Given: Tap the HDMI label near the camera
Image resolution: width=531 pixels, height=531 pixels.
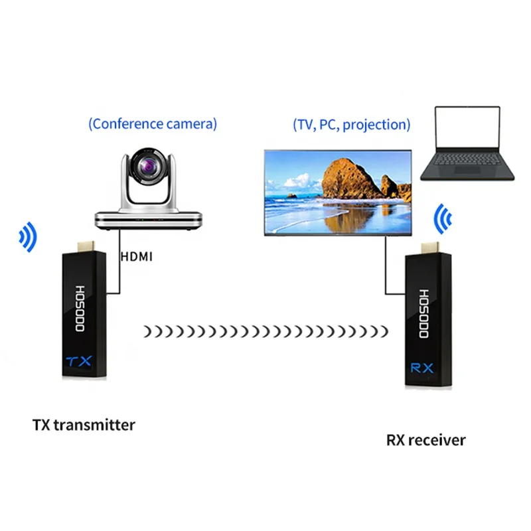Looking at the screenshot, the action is [137, 255].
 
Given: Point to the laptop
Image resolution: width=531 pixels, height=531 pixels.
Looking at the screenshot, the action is [467, 145].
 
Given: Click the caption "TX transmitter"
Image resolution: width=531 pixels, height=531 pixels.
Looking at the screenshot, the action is [84, 424].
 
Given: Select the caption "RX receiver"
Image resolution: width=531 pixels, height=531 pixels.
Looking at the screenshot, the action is [425, 439].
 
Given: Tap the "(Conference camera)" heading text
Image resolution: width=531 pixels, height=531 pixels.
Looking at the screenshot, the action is [153, 123].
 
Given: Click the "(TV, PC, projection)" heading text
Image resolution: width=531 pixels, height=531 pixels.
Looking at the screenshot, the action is [351, 124].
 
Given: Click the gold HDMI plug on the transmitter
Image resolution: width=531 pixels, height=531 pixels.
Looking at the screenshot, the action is [86, 245].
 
